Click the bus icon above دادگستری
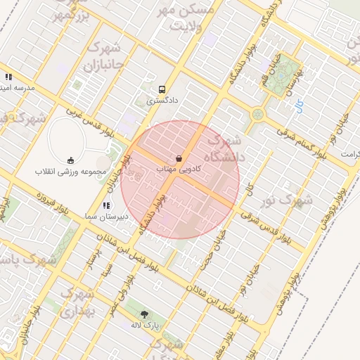(162, 90)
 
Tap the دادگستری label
(162, 101)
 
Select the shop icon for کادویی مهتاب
(179, 158)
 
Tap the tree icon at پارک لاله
(145, 314)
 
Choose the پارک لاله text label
(145, 326)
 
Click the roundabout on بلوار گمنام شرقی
(258, 113)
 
